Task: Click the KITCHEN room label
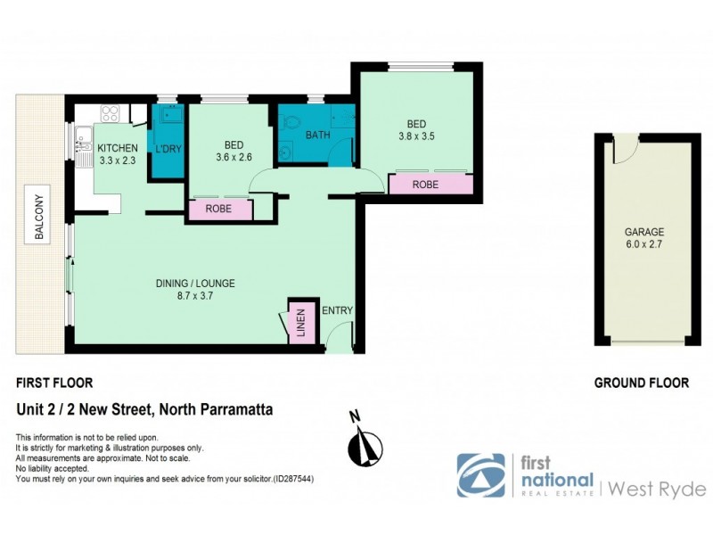[118, 148]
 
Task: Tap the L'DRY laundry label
[169, 150]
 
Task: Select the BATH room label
[318, 136]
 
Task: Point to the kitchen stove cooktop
[111, 114]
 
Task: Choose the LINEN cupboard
[300, 324]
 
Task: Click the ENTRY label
[338, 310]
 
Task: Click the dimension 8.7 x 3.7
[195, 296]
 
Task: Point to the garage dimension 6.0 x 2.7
[643, 244]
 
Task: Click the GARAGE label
[643, 232]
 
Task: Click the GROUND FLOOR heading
[642, 383]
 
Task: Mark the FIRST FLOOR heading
[54, 383]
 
